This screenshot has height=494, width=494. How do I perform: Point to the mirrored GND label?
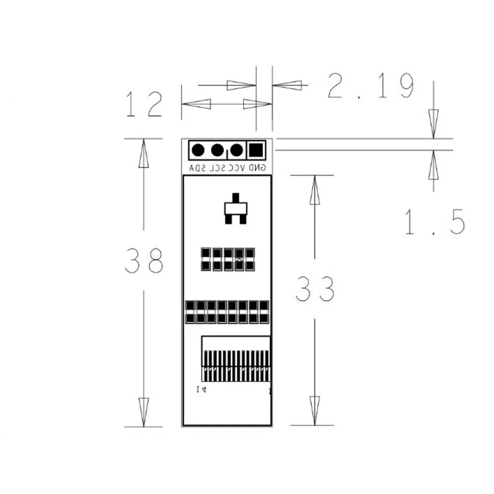tap(257, 168)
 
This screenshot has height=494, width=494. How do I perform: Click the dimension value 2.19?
tap(370, 87)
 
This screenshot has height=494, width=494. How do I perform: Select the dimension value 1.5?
tap(434, 222)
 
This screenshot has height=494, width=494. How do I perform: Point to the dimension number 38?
tap(144, 261)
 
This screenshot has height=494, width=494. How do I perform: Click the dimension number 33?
tap(315, 290)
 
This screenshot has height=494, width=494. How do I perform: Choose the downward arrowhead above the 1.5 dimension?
tap(433, 123)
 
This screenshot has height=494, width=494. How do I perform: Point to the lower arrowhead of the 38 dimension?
tap(144, 412)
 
